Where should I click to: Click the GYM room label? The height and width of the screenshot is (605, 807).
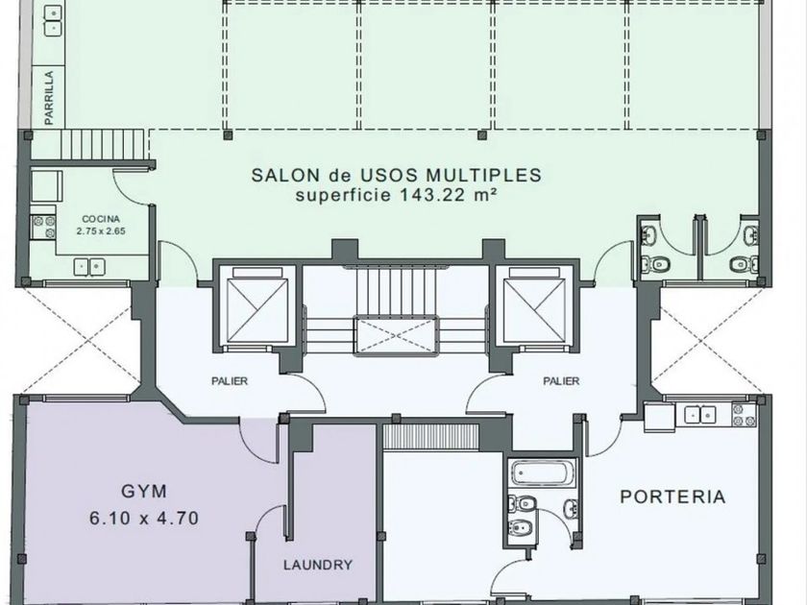[144, 492]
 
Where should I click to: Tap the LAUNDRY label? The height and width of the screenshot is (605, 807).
[318, 565]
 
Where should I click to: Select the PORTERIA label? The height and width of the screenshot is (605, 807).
[672, 497]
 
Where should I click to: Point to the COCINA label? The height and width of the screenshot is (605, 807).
[101, 219]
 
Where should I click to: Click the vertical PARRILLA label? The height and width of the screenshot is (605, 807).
[49, 98]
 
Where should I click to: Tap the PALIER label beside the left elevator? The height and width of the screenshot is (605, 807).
[230, 381]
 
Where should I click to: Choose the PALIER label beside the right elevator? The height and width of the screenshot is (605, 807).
[561, 381]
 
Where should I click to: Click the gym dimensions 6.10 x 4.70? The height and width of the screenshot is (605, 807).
[144, 518]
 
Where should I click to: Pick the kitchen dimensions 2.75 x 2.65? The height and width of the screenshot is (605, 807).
[101, 231]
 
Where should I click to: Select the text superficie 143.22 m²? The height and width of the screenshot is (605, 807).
[396, 195]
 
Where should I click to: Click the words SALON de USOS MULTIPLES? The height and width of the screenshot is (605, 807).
[396, 175]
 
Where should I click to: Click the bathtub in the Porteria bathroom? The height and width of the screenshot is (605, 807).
[543, 472]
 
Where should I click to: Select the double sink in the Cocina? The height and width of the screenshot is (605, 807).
[89, 267]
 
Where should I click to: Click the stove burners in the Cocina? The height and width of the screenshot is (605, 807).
[43, 227]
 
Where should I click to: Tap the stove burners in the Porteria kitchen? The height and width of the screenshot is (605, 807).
[745, 415]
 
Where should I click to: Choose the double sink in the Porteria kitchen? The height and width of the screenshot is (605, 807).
[700, 414]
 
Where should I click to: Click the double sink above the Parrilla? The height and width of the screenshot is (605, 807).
[54, 19]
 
